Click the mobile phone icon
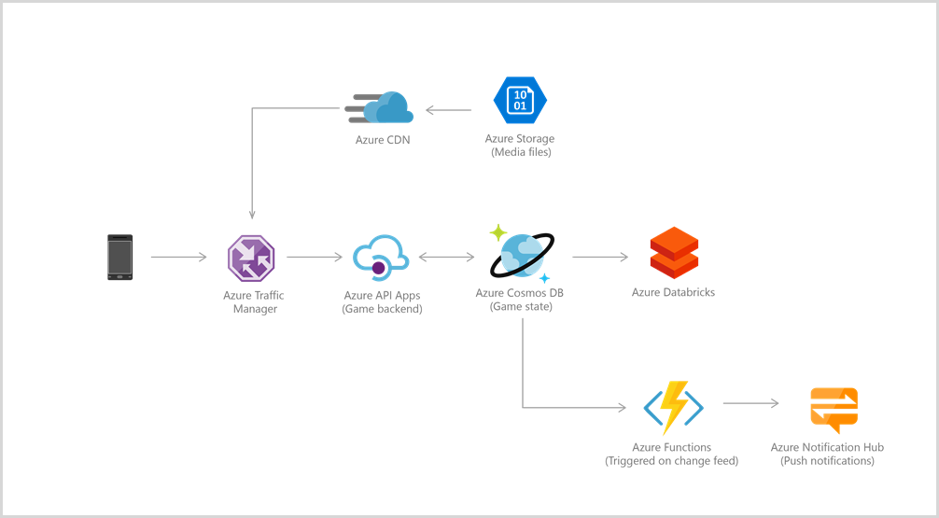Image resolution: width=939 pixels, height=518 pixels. pyautogui.click(x=119, y=257)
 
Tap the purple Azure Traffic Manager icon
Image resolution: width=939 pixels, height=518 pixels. pyautogui.click(x=251, y=257)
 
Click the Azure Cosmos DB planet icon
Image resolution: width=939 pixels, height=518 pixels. pyautogui.click(x=520, y=254)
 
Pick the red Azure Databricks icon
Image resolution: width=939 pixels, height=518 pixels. pyautogui.click(x=674, y=254)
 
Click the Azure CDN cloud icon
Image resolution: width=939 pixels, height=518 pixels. pyautogui.click(x=381, y=109)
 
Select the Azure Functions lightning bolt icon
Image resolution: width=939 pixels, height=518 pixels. pyautogui.click(x=672, y=407)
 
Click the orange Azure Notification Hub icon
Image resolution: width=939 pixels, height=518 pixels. pyautogui.click(x=833, y=408)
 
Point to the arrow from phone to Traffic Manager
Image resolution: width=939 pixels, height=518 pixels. pyautogui.click(x=178, y=257)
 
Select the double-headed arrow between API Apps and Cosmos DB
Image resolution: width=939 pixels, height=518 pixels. pyautogui.click(x=449, y=257)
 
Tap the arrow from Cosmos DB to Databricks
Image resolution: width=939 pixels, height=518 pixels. pyautogui.click(x=600, y=257)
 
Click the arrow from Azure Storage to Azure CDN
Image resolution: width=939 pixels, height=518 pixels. pyautogui.click(x=449, y=110)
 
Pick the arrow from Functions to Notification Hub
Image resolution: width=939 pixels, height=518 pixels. pyautogui.click(x=750, y=404)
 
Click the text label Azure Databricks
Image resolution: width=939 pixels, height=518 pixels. pyautogui.click(x=673, y=293)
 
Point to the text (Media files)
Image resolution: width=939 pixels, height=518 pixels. pyautogui.click(x=521, y=152)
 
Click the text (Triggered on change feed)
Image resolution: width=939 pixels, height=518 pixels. pyautogui.click(x=672, y=461)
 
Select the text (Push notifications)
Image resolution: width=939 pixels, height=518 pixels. pyautogui.click(x=828, y=461)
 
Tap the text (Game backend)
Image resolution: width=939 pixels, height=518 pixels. pyautogui.click(x=382, y=309)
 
